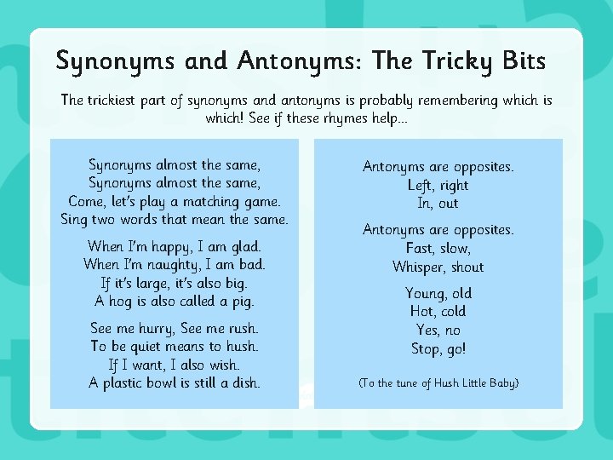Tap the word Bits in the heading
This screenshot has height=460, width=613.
[x=518, y=61]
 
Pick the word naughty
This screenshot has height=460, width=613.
[x=167, y=265]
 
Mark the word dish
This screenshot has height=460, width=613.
[x=244, y=382]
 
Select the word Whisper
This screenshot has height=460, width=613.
[x=420, y=267]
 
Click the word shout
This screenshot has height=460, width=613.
[x=467, y=267]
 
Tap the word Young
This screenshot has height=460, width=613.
[x=426, y=294]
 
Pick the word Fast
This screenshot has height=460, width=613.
[x=420, y=248]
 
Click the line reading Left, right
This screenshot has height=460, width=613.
[x=438, y=185]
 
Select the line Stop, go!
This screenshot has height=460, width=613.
[x=438, y=348]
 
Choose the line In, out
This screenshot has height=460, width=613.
[x=438, y=203]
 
